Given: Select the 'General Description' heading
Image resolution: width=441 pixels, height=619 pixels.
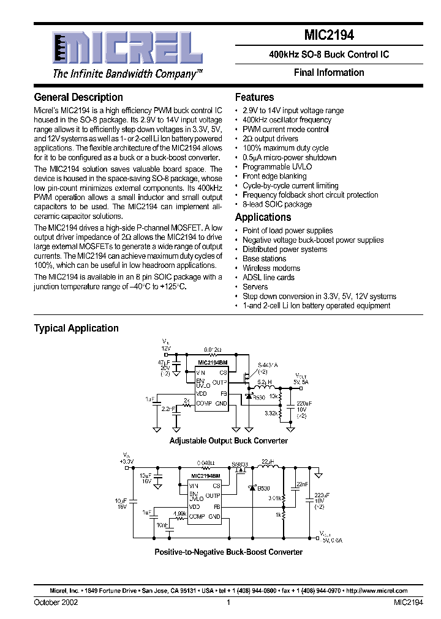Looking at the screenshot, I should pyautogui.click(x=78, y=97).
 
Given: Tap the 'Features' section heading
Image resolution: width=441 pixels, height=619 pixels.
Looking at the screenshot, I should pyautogui.click(x=254, y=97).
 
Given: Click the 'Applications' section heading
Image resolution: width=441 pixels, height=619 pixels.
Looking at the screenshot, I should pyautogui.click(x=263, y=217).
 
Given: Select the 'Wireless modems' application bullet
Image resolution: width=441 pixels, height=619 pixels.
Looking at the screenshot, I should pyautogui.click(x=271, y=268).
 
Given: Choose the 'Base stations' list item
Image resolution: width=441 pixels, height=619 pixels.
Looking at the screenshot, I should pyautogui.click(x=264, y=259).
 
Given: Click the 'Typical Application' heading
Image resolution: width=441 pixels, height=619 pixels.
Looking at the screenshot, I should pyautogui.click(x=76, y=328).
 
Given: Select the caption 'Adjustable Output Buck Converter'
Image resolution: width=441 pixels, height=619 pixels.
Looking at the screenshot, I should pyautogui.click(x=228, y=440).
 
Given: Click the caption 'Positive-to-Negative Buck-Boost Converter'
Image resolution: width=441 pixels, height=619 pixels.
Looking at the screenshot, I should pyautogui.click(x=228, y=552).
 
